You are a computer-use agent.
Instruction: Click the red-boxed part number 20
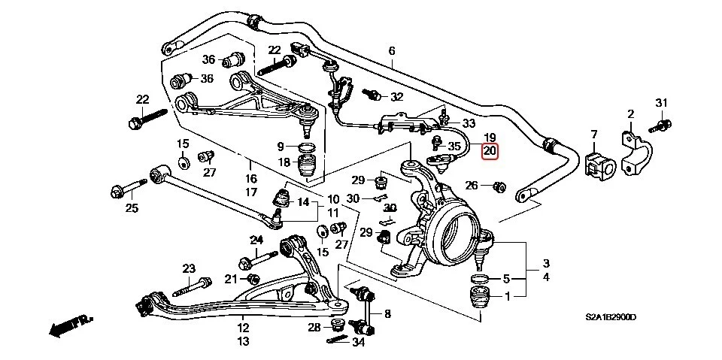tap(490, 151)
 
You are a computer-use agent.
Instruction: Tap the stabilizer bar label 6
tap(392, 51)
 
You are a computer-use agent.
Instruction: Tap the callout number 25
tap(132, 208)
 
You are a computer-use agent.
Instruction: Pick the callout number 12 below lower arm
tap(243, 328)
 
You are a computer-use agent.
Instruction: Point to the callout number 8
tap(387, 313)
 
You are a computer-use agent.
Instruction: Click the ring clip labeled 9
tap(307, 146)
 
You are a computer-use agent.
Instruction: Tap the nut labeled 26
tap(499, 186)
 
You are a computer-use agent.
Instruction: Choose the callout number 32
tap(396, 97)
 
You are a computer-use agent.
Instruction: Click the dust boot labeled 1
tap(478, 298)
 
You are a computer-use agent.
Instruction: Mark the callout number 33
tap(469, 123)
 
